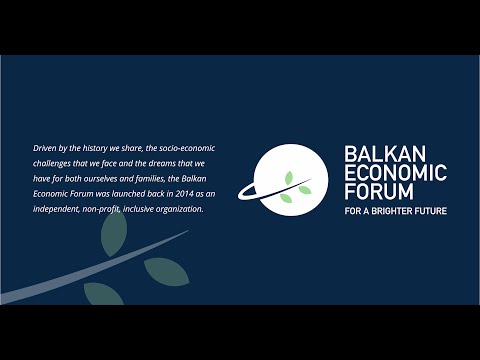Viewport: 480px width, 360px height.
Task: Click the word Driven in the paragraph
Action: click(45, 148)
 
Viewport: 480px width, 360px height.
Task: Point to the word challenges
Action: click(54, 163)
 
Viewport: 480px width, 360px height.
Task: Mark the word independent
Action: click(59, 209)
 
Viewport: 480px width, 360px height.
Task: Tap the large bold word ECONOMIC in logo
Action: click(395, 173)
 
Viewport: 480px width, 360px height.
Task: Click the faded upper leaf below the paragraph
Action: click(113, 232)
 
